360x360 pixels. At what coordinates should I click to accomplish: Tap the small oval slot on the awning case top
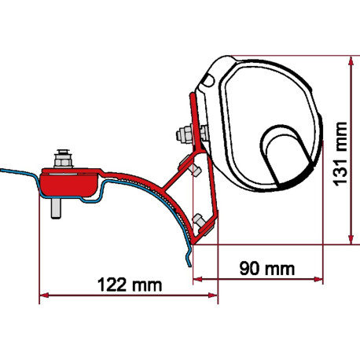(208, 79)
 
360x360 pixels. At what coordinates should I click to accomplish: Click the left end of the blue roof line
(2, 167)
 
